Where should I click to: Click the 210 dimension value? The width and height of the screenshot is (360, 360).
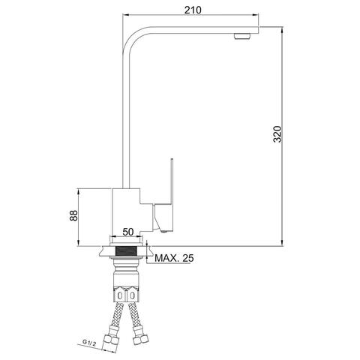[193, 10]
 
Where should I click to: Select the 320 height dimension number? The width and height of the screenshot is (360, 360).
[277, 134]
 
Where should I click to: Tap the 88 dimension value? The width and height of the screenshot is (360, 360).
[73, 215]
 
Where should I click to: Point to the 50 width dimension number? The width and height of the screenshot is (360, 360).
[128, 232]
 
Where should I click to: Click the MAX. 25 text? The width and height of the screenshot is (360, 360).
[174, 258]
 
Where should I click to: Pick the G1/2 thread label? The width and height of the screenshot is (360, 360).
[89, 342]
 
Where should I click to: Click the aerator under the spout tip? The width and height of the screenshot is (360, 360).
[242, 36]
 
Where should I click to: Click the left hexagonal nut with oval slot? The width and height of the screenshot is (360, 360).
[120, 295]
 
